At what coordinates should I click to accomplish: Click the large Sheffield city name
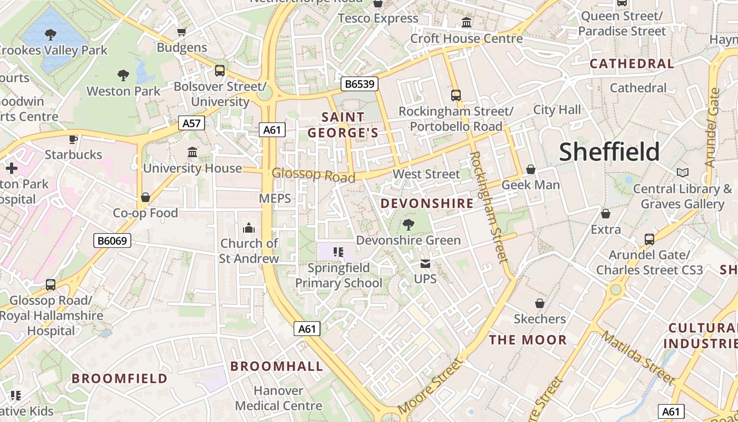(609, 152)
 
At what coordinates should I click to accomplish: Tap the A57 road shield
(191, 123)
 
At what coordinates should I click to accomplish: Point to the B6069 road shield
(112, 241)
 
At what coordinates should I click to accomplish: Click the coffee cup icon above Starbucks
(73, 139)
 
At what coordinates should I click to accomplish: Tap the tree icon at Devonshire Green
(408, 225)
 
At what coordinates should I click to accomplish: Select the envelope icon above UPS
(425, 263)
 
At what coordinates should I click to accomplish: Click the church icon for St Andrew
(248, 228)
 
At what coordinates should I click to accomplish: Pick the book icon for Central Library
(682, 173)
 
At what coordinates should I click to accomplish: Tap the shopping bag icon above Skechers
(539, 303)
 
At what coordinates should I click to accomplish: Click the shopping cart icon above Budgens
(182, 32)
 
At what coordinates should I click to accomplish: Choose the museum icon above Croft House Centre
(467, 23)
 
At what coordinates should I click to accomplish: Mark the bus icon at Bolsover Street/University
(220, 70)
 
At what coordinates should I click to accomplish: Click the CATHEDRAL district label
(632, 64)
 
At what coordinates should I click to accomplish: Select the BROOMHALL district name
(277, 366)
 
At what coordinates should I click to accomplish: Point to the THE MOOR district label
(528, 340)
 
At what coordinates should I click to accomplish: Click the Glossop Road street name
(313, 175)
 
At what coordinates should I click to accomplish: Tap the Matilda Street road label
(638, 358)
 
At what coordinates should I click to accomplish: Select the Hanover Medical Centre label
(278, 398)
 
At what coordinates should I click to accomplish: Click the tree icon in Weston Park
(123, 75)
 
